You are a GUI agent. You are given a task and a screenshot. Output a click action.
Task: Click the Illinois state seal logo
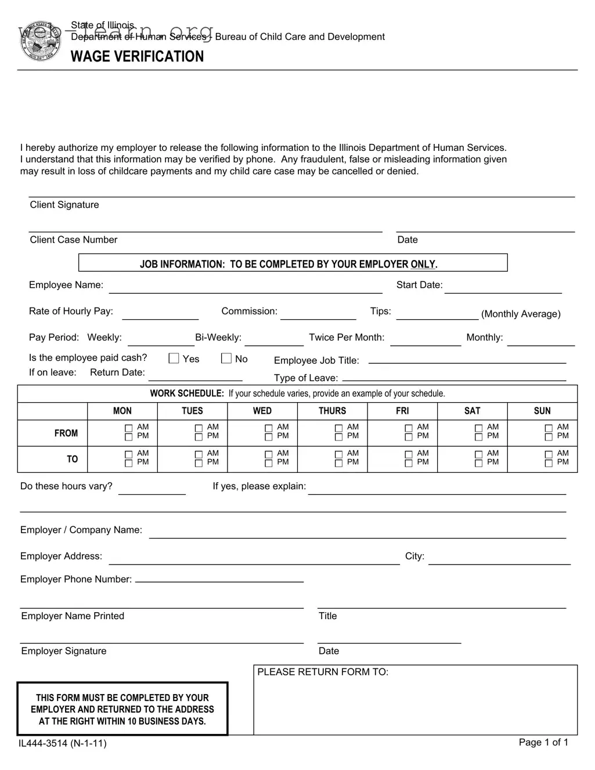point(40,42)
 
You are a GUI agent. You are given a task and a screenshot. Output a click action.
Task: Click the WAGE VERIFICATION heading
point(137,56)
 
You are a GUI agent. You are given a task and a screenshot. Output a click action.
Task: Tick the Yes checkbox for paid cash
point(174,359)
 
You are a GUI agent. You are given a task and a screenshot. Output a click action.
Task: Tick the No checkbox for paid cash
point(226,359)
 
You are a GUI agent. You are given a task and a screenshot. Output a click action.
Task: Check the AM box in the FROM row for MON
point(129,428)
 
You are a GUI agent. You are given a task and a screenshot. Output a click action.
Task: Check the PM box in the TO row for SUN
point(549,464)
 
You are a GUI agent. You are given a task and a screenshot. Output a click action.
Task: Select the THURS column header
point(332,411)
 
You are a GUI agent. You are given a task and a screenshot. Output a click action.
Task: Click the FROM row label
point(66,433)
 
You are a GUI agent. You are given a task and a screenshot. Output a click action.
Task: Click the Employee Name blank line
point(245,289)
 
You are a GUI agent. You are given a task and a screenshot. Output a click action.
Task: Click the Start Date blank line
point(503,289)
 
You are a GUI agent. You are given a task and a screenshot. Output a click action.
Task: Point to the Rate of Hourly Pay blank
point(160,315)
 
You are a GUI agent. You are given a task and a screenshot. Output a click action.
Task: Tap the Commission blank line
point(318,315)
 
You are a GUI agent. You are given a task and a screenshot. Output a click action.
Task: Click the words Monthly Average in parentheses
point(521,314)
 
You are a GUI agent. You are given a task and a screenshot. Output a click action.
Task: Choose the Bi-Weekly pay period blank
point(274,341)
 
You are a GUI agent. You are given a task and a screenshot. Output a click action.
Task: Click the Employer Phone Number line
point(219,578)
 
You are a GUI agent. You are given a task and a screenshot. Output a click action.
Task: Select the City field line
point(499,560)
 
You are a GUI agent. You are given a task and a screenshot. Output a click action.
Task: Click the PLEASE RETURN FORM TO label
point(323,672)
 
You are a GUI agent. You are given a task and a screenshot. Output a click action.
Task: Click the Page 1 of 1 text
point(543,742)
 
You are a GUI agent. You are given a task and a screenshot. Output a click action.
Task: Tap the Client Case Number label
point(74,240)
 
